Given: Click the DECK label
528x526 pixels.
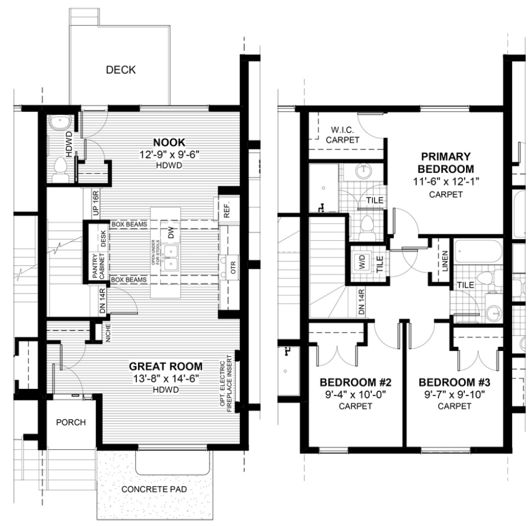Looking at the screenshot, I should point(121,70).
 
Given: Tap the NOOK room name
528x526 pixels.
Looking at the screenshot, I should point(169,142).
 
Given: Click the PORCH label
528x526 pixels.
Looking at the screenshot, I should point(71,422).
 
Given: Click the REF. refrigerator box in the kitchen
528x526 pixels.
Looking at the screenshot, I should point(225,209).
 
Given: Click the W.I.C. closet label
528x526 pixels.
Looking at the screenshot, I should point(343,134).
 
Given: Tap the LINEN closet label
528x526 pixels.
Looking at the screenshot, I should point(445,260).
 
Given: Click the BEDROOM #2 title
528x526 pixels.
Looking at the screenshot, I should point(355,382).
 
